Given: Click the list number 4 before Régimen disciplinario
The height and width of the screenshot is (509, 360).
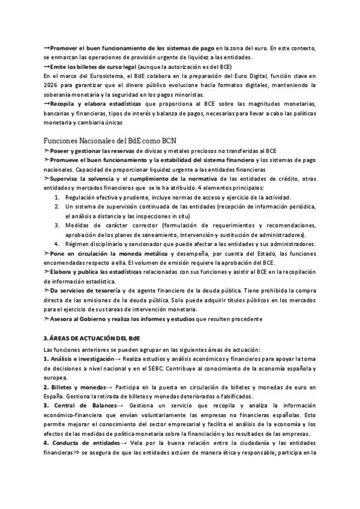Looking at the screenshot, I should [x=56, y=244].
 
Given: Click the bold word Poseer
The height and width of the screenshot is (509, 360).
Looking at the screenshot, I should [x=61, y=151].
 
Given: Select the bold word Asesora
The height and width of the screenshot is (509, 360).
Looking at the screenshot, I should [x=64, y=318].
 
